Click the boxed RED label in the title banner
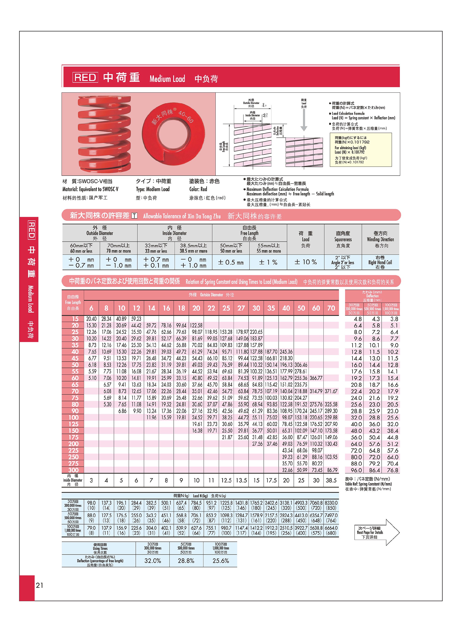click(85, 77)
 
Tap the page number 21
click(39, 585)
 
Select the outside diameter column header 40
click(286, 308)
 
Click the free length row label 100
click(73, 417)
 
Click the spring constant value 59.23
click(136, 319)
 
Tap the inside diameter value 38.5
click(331, 480)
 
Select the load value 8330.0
click(331, 503)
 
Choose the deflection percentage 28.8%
click(186, 561)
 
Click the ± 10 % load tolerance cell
click(305, 262)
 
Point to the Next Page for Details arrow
click(376, 532)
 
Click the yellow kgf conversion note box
click(360, 150)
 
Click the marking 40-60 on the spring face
click(186, 117)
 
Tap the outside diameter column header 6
click(91, 308)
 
